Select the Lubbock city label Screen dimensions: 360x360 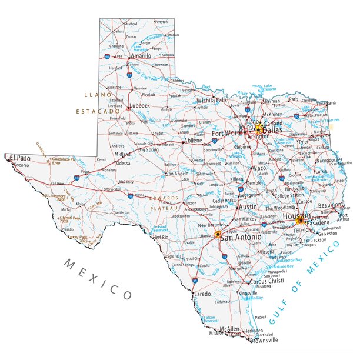[140, 106]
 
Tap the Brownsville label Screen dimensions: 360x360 [263, 340]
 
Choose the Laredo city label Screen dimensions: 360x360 [202, 293]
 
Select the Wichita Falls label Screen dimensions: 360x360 [212, 100]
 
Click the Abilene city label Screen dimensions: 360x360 [193, 141]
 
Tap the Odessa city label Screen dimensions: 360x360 [123, 163]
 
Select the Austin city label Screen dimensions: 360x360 [248, 208]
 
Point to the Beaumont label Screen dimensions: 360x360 [331, 205]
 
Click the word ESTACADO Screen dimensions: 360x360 [97, 111]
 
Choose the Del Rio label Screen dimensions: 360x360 [161, 237]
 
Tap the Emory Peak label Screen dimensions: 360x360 [77, 237]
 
